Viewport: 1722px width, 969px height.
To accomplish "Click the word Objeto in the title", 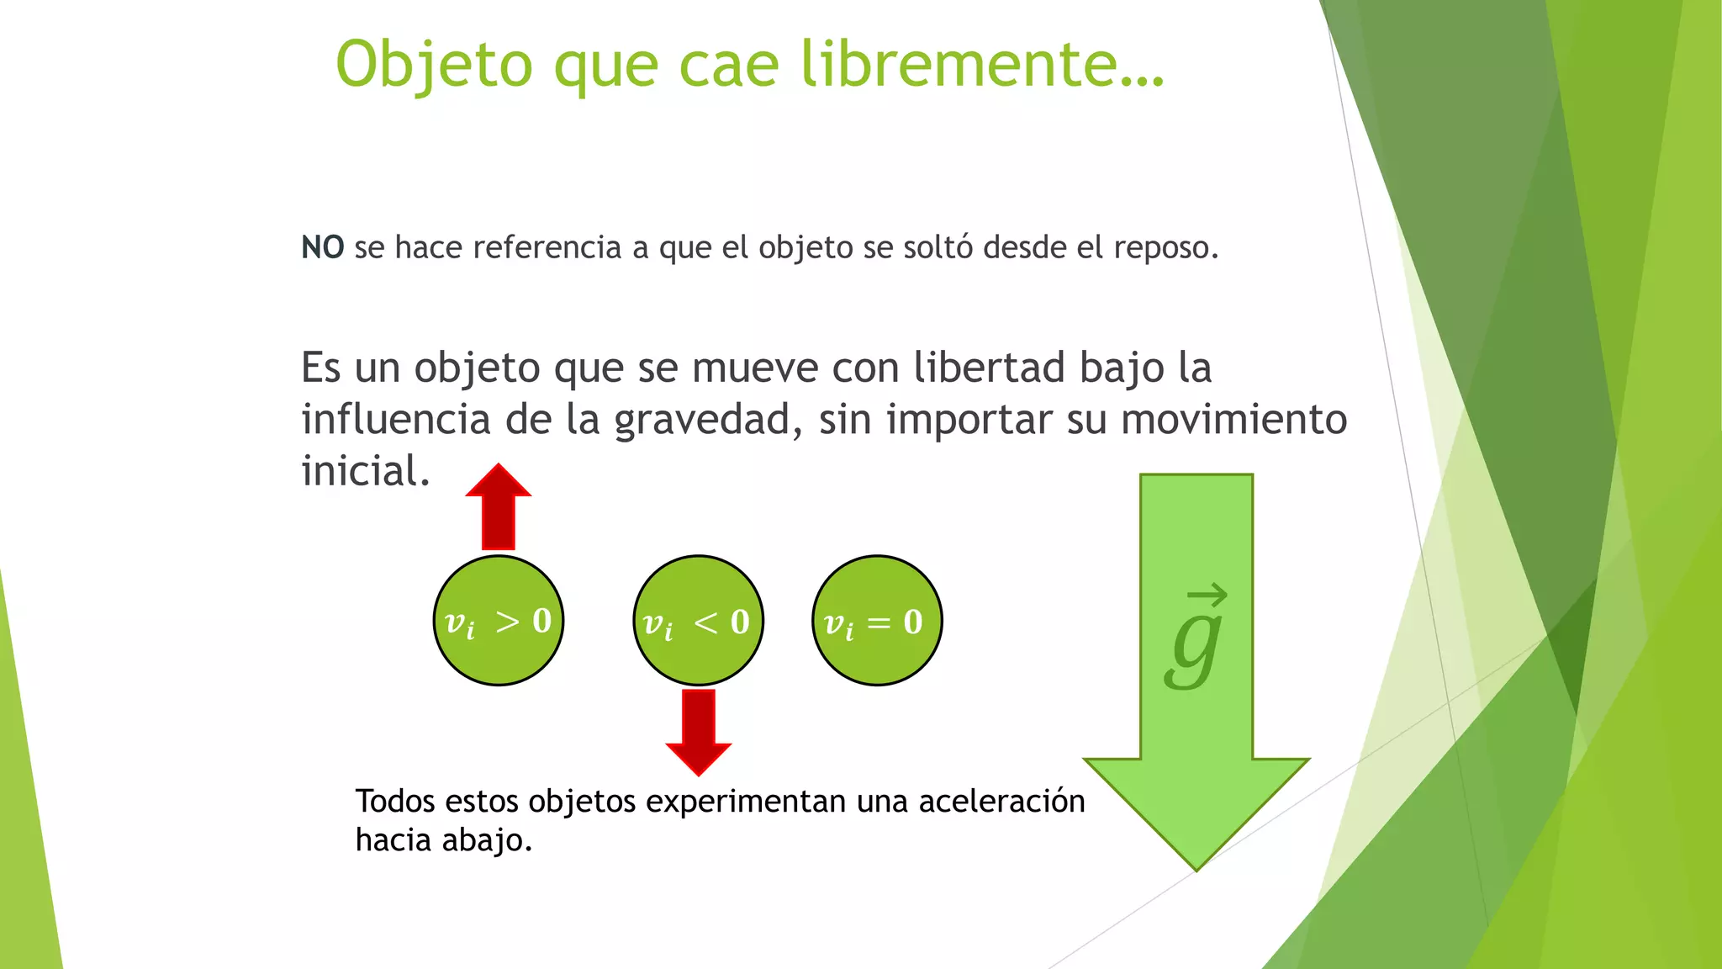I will [x=434, y=65].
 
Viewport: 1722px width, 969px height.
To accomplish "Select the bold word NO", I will [x=323, y=247].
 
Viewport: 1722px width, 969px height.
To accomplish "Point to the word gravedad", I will [x=703, y=420].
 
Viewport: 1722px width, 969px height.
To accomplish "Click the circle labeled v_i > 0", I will [x=499, y=621].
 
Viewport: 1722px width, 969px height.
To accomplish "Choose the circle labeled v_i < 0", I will [x=698, y=621].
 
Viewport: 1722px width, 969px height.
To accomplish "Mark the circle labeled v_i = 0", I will [x=877, y=621].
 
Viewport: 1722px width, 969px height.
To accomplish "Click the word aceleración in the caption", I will [x=1001, y=802].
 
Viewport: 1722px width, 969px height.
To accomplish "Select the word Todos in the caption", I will [x=395, y=802].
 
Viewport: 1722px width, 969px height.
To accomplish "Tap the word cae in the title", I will [x=728, y=65].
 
